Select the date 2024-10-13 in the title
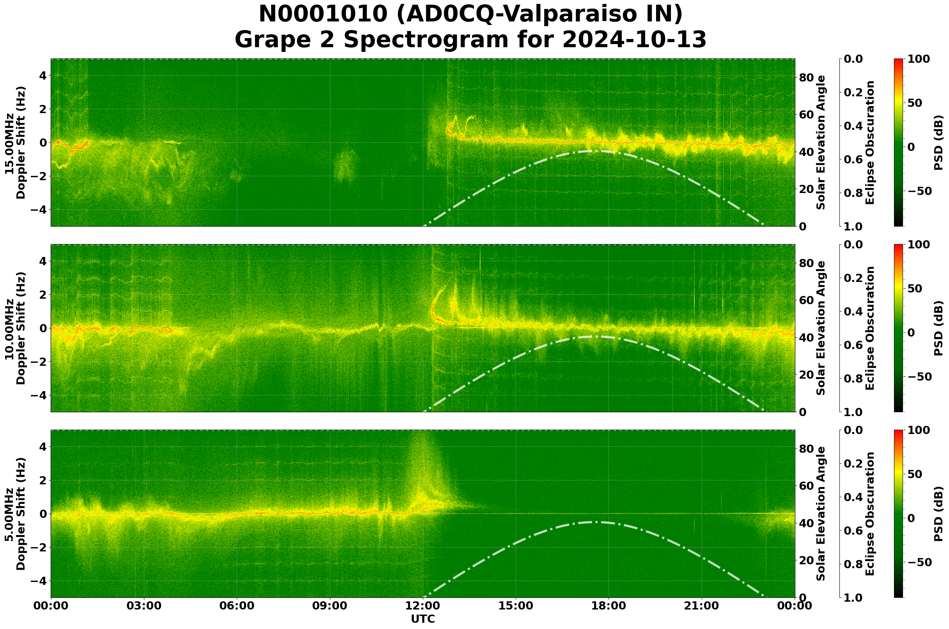click(634, 40)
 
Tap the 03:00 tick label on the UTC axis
click(144, 606)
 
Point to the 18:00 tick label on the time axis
click(609, 606)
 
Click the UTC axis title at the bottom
click(422, 619)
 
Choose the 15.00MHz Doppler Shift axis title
click(15, 143)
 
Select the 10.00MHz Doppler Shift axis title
click(15, 328)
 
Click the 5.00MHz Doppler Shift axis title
click(15, 514)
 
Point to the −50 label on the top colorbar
click(920, 191)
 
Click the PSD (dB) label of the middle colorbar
click(938, 328)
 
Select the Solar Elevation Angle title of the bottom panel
click(821, 514)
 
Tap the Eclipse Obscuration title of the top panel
click(869, 143)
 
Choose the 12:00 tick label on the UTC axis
click(423, 606)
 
